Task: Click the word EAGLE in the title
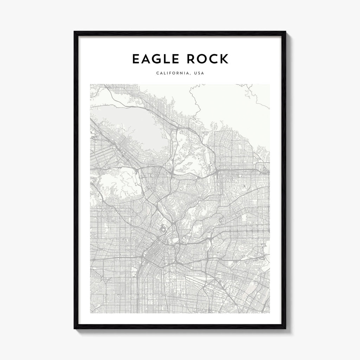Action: pyautogui.click(x=156, y=59)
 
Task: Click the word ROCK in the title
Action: pyautogui.click(x=208, y=59)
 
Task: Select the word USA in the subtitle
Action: pyautogui.click(x=199, y=73)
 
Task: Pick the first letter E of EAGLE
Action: pyautogui.click(x=136, y=59)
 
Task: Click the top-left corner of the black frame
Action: pyautogui.click(x=75, y=32)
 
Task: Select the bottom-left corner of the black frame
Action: pyautogui.click(x=75, y=328)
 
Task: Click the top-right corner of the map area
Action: pyautogui.click(x=270, y=84)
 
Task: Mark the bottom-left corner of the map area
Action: pyautogui.click(x=90, y=313)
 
